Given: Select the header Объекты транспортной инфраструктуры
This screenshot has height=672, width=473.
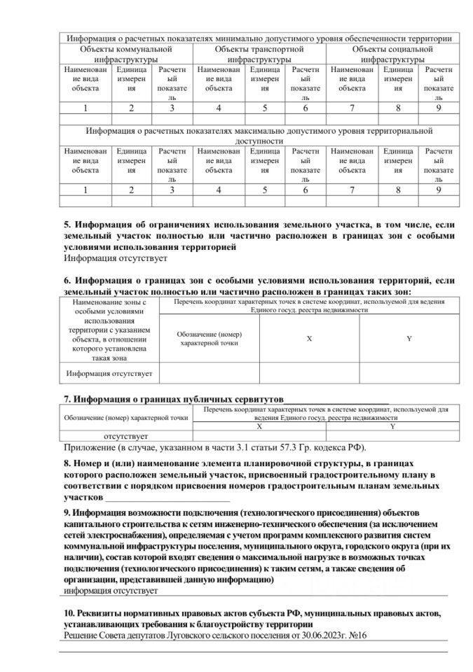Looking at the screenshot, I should [259, 55].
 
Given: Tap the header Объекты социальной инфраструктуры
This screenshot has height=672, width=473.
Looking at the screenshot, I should [393, 55].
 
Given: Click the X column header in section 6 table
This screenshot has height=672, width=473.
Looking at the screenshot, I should [309, 337].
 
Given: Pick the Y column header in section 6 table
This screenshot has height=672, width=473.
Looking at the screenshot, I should [409, 337].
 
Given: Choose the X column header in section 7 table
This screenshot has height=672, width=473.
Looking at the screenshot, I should [259, 426].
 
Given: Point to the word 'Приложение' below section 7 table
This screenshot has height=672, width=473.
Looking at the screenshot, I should [89, 447].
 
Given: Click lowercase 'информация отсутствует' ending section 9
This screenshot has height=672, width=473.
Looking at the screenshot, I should [109, 592].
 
